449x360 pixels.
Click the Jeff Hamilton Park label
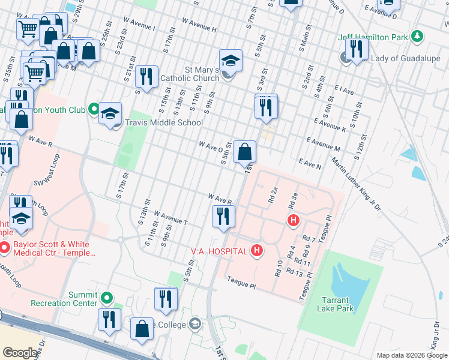pos(372,37)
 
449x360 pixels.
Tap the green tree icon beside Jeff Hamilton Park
pos(416,37)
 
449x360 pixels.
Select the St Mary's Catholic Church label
pos(202,74)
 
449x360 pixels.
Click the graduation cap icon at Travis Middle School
pos(110,113)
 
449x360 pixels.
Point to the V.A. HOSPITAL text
pos(218,250)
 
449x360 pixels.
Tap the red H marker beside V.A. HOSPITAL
pos(257,250)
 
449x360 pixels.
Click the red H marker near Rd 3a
pos(293,220)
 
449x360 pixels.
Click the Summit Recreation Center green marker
pos(107,297)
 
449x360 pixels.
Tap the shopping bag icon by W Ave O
pos(245,152)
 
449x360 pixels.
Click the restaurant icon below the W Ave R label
pos(223,217)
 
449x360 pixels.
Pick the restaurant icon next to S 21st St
pos(146,77)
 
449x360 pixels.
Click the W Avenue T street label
pos(171,218)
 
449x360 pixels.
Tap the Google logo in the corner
pos(20,353)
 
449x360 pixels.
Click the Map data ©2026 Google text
pos(411,355)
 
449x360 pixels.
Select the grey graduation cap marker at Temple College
pos(194,325)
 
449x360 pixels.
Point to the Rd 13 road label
pos(294,273)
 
